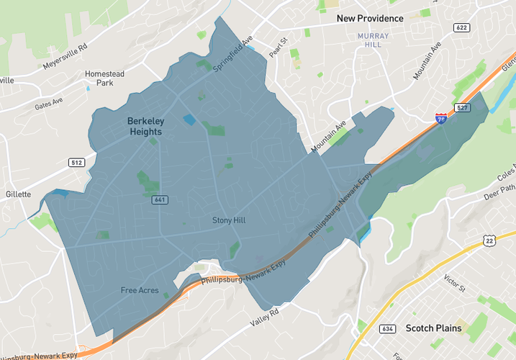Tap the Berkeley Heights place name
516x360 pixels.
[145, 127]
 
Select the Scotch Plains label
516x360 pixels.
[433, 328]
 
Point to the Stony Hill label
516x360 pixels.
[229, 220]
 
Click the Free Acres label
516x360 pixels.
[140, 290]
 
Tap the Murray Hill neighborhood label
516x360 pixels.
[373, 40]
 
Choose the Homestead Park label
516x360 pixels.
[104, 78]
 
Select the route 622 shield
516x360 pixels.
[461, 27]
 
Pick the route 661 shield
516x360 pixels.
[160, 199]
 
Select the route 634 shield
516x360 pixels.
[387, 329]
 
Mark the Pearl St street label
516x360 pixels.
[278, 47]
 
